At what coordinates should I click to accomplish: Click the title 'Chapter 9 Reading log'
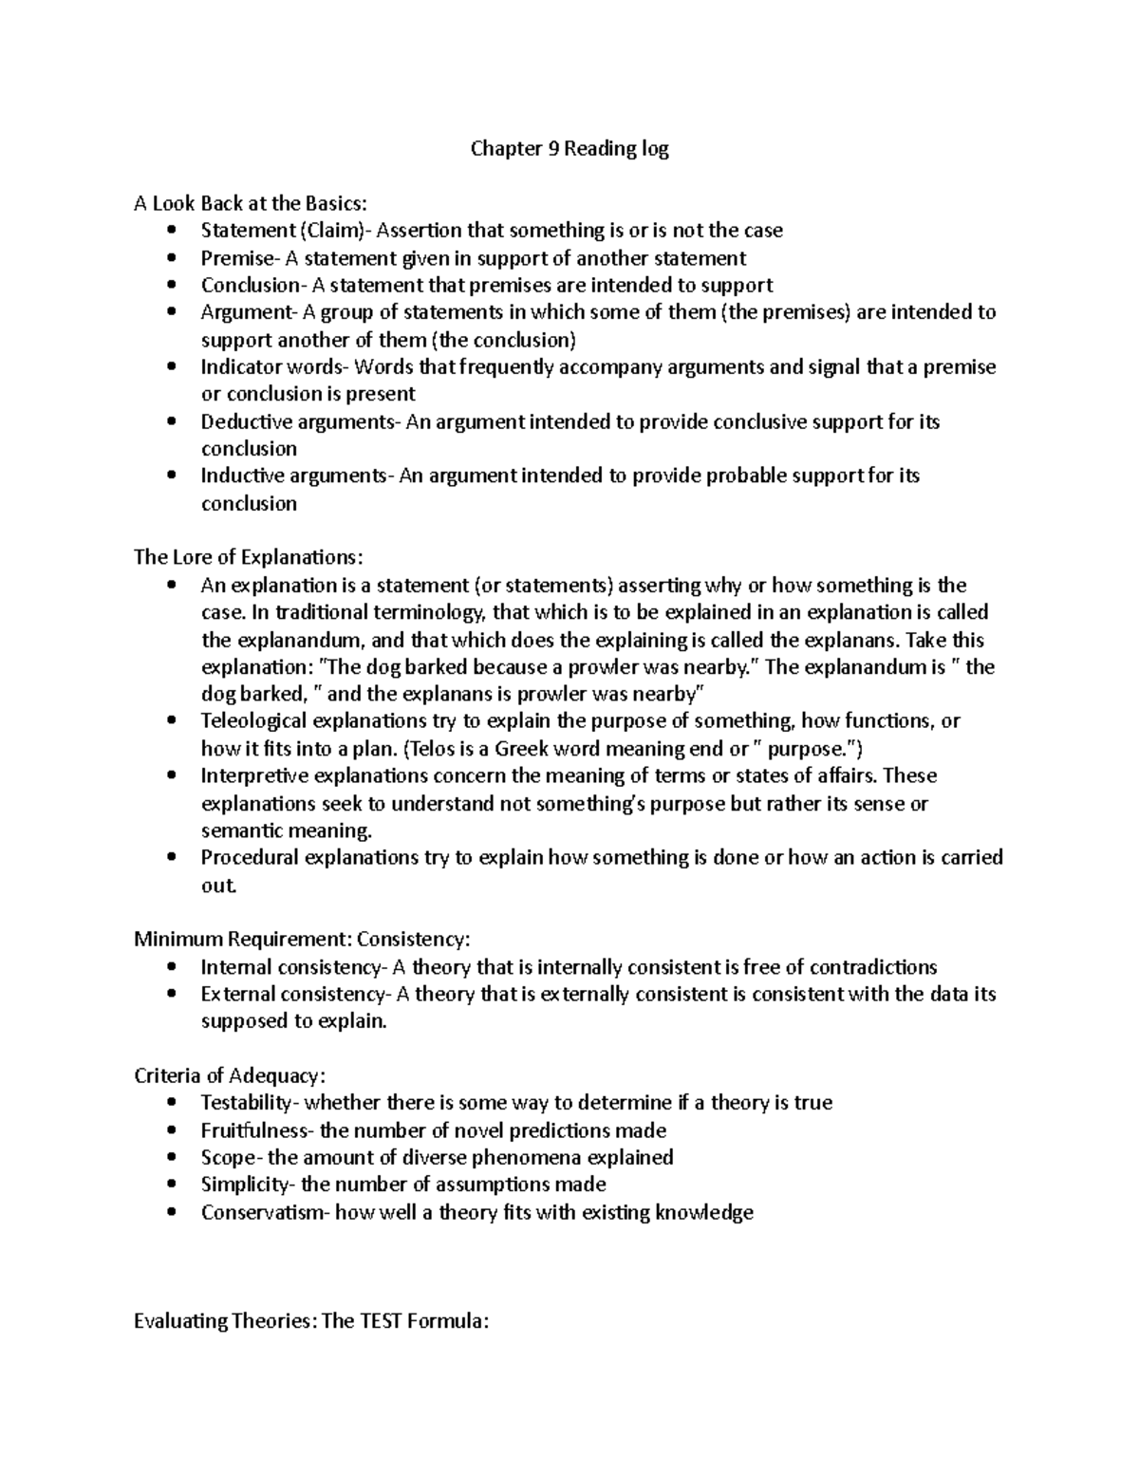(x=569, y=149)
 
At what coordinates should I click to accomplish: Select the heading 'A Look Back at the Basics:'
(x=249, y=203)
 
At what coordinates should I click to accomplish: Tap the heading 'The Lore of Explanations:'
(x=248, y=557)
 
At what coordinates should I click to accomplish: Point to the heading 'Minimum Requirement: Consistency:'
(x=302, y=940)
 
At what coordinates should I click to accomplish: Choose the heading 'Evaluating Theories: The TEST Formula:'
(x=310, y=1321)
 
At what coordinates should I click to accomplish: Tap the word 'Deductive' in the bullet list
(x=243, y=421)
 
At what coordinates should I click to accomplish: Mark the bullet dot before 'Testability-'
(x=171, y=1103)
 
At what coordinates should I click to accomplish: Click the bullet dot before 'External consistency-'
(x=171, y=995)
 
